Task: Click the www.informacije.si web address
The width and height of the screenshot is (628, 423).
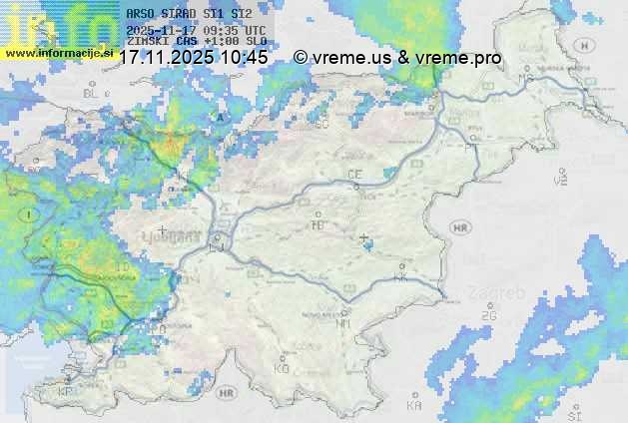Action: point(56,52)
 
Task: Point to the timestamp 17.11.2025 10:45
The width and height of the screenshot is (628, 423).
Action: point(193,58)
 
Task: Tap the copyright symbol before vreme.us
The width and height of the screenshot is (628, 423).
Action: point(301,58)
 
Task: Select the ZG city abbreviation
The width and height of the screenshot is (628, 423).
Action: point(487,316)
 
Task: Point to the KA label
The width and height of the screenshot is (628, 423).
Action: point(414,406)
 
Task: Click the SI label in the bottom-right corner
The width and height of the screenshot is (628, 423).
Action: point(573,414)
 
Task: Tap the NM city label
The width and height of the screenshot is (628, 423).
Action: point(343,323)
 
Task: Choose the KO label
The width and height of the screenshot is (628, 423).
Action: point(282,368)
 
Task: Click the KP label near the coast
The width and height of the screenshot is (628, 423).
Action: point(66,392)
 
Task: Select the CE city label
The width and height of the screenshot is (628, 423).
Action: point(354,175)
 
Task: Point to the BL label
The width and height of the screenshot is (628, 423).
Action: point(92,93)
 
